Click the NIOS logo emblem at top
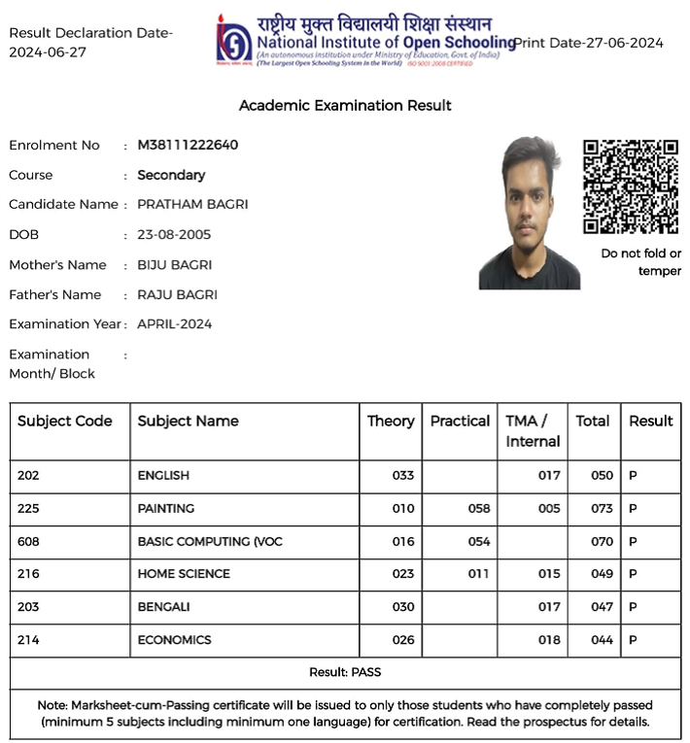tap(234, 41)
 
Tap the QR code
tap(630, 186)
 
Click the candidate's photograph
tap(529, 213)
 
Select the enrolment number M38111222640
tap(188, 146)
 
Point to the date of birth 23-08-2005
tap(174, 235)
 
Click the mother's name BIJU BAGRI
tap(174, 265)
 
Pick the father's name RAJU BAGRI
tap(177, 294)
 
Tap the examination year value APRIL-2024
tap(174, 324)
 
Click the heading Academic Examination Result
tap(345, 105)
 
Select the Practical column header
tap(460, 421)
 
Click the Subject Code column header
tap(64, 421)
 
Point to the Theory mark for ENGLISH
tap(403, 476)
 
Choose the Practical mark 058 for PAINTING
tap(479, 509)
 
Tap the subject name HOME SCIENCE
tap(184, 574)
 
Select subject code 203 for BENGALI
tap(28, 607)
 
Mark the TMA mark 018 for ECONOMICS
tap(549, 640)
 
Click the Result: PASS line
tap(345, 672)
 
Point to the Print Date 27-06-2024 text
tap(590, 43)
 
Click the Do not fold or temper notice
tap(641, 262)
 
